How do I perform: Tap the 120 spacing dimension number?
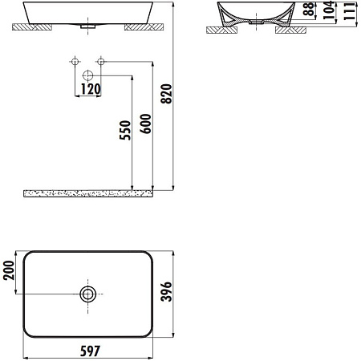(x=90, y=89)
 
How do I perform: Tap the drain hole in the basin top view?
(x=88, y=294)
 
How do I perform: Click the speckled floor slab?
(x=88, y=193)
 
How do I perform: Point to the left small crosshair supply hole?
(x=74, y=61)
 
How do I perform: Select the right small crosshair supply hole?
(x=101, y=61)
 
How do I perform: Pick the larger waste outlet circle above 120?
(x=88, y=75)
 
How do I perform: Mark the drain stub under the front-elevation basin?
(x=88, y=26)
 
